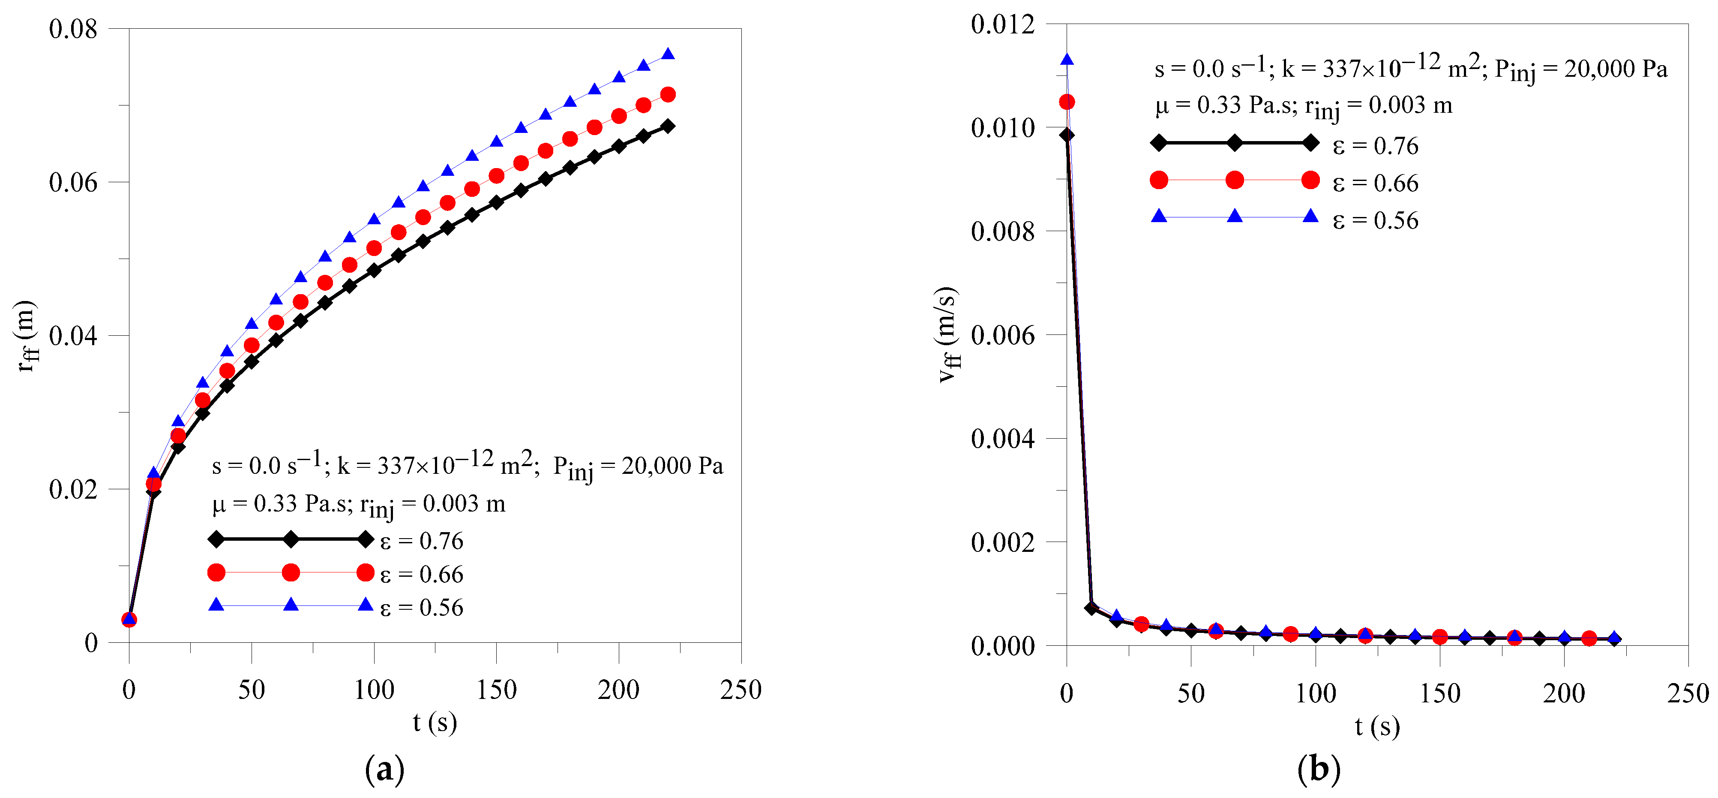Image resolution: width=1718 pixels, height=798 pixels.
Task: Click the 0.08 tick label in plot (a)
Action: (73, 29)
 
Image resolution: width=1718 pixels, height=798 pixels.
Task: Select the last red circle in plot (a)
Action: (668, 95)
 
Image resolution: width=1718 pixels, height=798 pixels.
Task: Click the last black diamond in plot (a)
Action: (668, 126)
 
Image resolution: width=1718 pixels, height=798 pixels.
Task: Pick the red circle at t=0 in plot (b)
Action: (1067, 102)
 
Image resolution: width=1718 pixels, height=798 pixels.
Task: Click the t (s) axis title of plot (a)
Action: (435, 722)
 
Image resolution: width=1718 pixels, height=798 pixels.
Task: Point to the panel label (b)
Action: (1319, 769)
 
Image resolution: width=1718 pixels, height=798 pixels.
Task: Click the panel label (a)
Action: (385, 769)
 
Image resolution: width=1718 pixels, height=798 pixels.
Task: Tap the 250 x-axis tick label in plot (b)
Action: (1687, 693)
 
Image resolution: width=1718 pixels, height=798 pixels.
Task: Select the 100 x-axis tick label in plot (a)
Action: (374, 690)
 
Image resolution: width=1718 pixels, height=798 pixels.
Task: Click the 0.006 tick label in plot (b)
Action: (1002, 334)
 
